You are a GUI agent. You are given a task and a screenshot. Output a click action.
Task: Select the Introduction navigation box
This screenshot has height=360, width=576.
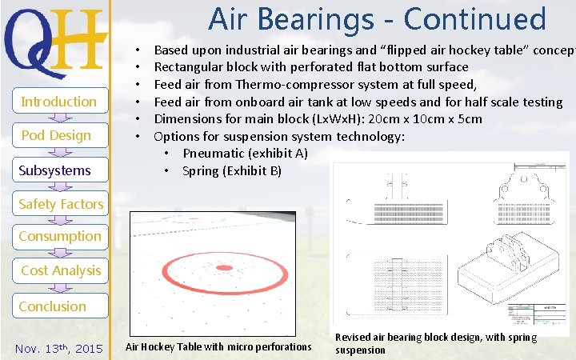tap(58, 102)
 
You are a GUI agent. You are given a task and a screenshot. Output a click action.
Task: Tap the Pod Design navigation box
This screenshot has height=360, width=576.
tap(56, 135)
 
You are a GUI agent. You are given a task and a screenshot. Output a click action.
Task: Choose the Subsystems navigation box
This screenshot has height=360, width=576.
tap(55, 170)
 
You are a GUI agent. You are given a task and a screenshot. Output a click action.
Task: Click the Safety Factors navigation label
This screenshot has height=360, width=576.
tap(61, 204)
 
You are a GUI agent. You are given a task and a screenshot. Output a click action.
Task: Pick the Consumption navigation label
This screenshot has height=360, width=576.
tap(60, 236)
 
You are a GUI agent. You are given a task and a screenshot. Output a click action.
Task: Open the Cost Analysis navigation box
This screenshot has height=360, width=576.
tap(61, 270)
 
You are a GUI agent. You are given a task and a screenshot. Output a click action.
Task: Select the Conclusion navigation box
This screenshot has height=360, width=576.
tap(52, 306)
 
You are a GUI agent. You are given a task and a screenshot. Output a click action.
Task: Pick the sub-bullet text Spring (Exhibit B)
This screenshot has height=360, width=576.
tap(231, 170)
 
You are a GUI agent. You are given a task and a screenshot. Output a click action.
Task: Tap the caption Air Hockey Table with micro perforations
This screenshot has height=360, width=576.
tap(218, 346)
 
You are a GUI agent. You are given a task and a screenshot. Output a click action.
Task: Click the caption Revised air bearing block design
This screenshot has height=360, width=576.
tap(436, 343)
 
